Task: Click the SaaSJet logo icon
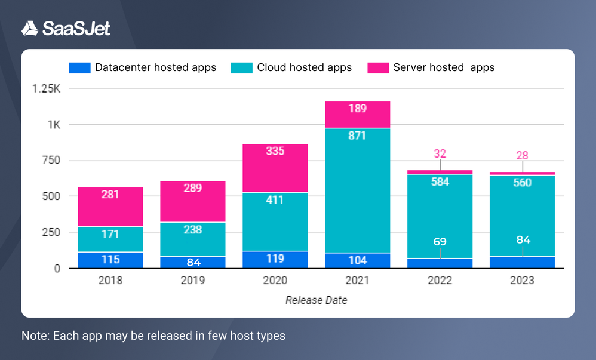(30, 28)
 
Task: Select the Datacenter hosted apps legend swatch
(79, 67)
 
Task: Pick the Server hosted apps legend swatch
(377, 67)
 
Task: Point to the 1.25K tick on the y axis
(47, 89)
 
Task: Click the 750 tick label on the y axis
(52, 161)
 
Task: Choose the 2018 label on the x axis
(110, 281)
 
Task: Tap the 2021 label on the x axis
(357, 281)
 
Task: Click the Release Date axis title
(316, 300)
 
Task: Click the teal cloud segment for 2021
(357, 191)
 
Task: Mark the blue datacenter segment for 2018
(110, 260)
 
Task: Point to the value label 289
(193, 188)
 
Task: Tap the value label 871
(357, 136)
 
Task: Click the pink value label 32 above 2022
(440, 153)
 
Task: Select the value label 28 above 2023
(522, 155)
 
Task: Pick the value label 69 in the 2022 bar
(440, 242)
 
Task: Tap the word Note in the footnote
(34, 336)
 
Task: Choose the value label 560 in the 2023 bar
(522, 183)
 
